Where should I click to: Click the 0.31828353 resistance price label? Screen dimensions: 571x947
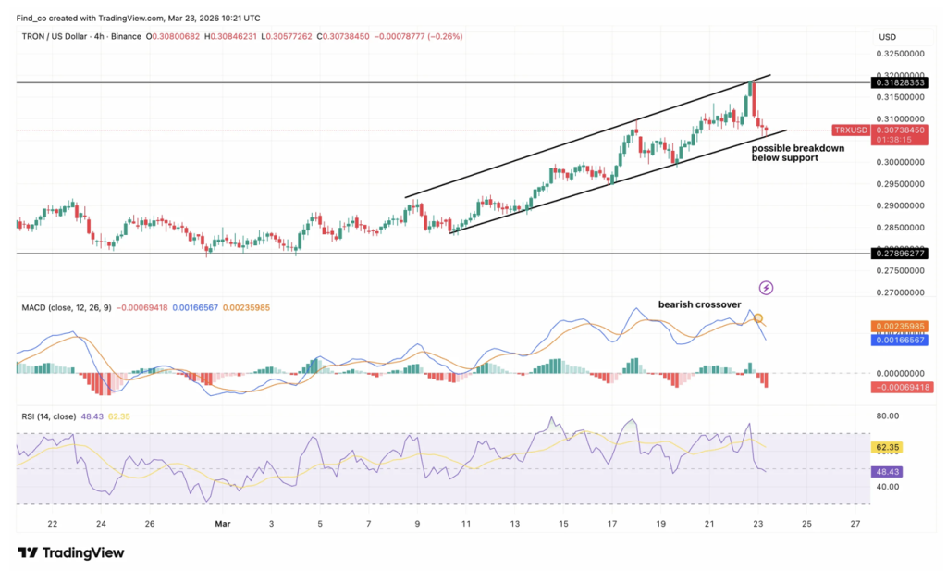pyautogui.click(x=898, y=82)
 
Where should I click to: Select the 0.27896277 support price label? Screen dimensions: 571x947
pyautogui.click(x=898, y=253)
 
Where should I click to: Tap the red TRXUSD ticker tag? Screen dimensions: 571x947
pyautogui.click(x=850, y=130)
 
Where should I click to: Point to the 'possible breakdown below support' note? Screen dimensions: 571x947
pyautogui.click(x=784, y=153)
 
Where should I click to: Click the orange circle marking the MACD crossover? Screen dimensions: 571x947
pyautogui.click(x=758, y=319)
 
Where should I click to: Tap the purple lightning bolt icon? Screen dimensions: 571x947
pyautogui.click(x=765, y=288)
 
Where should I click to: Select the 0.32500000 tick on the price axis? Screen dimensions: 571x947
pyautogui.click(x=898, y=54)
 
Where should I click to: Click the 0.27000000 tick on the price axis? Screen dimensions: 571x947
pyautogui.click(x=898, y=292)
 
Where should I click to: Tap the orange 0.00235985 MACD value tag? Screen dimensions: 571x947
pyautogui.click(x=898, y=326)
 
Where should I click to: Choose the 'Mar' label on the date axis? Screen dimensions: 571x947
pyautogui.click(x=222, y=524)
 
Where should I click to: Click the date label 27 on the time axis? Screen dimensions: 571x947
pyautogui.click(x=855, y=524)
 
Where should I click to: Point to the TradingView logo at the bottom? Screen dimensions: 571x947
pyautogui.click(x=71, y=552)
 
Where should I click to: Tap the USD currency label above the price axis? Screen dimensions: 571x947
pyautogui.click(x=888, y=37)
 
